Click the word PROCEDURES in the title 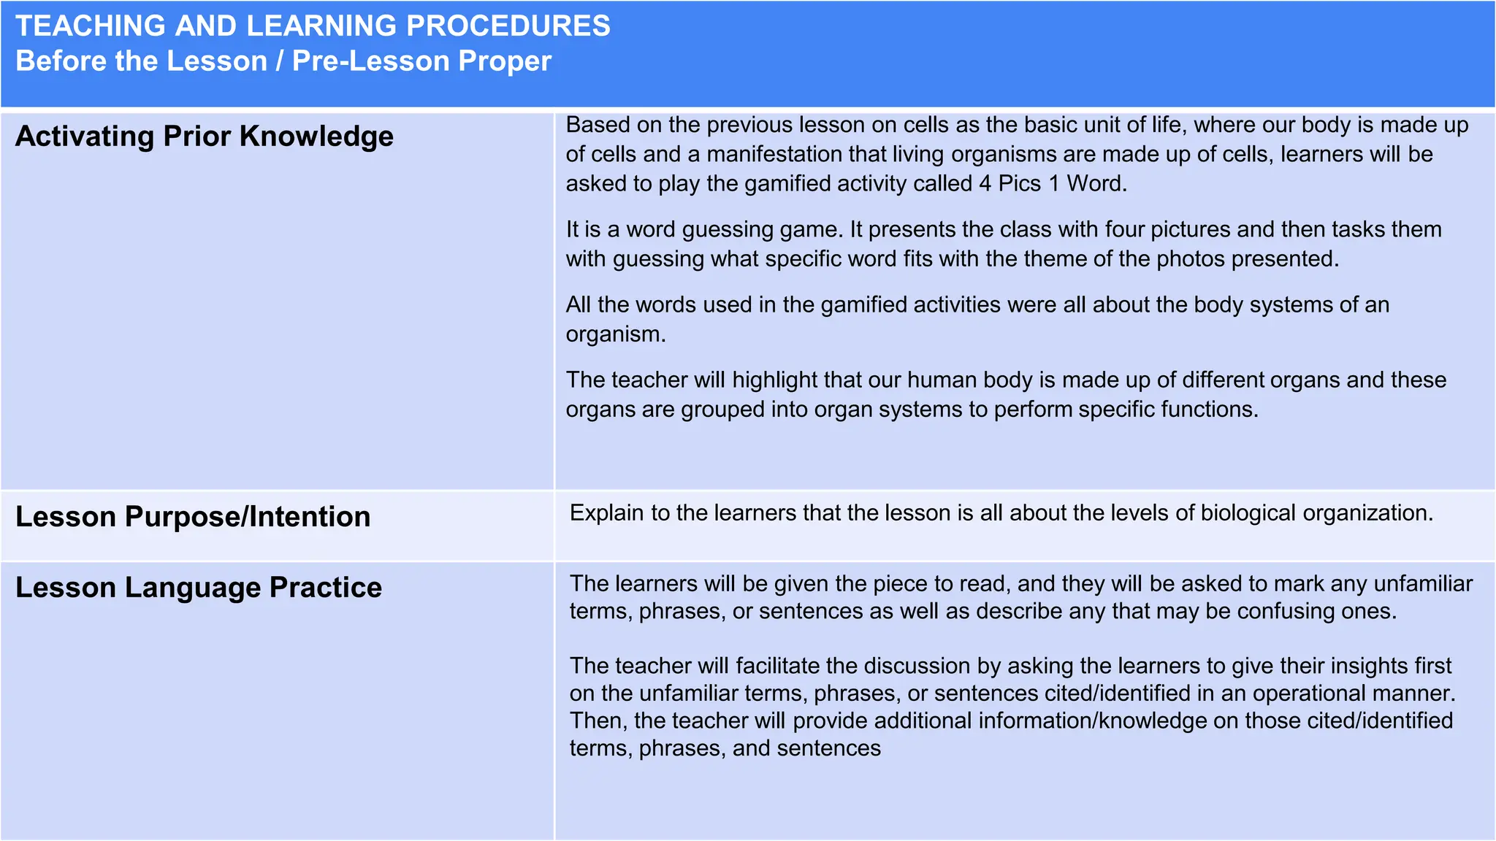[x=508, y=26]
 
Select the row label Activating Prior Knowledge [x=205, y=137]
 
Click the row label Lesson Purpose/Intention [x=193, y=517]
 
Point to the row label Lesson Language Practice [x=199, y=588]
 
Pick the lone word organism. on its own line [x=616, y=334]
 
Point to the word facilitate [x=777, y=666]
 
